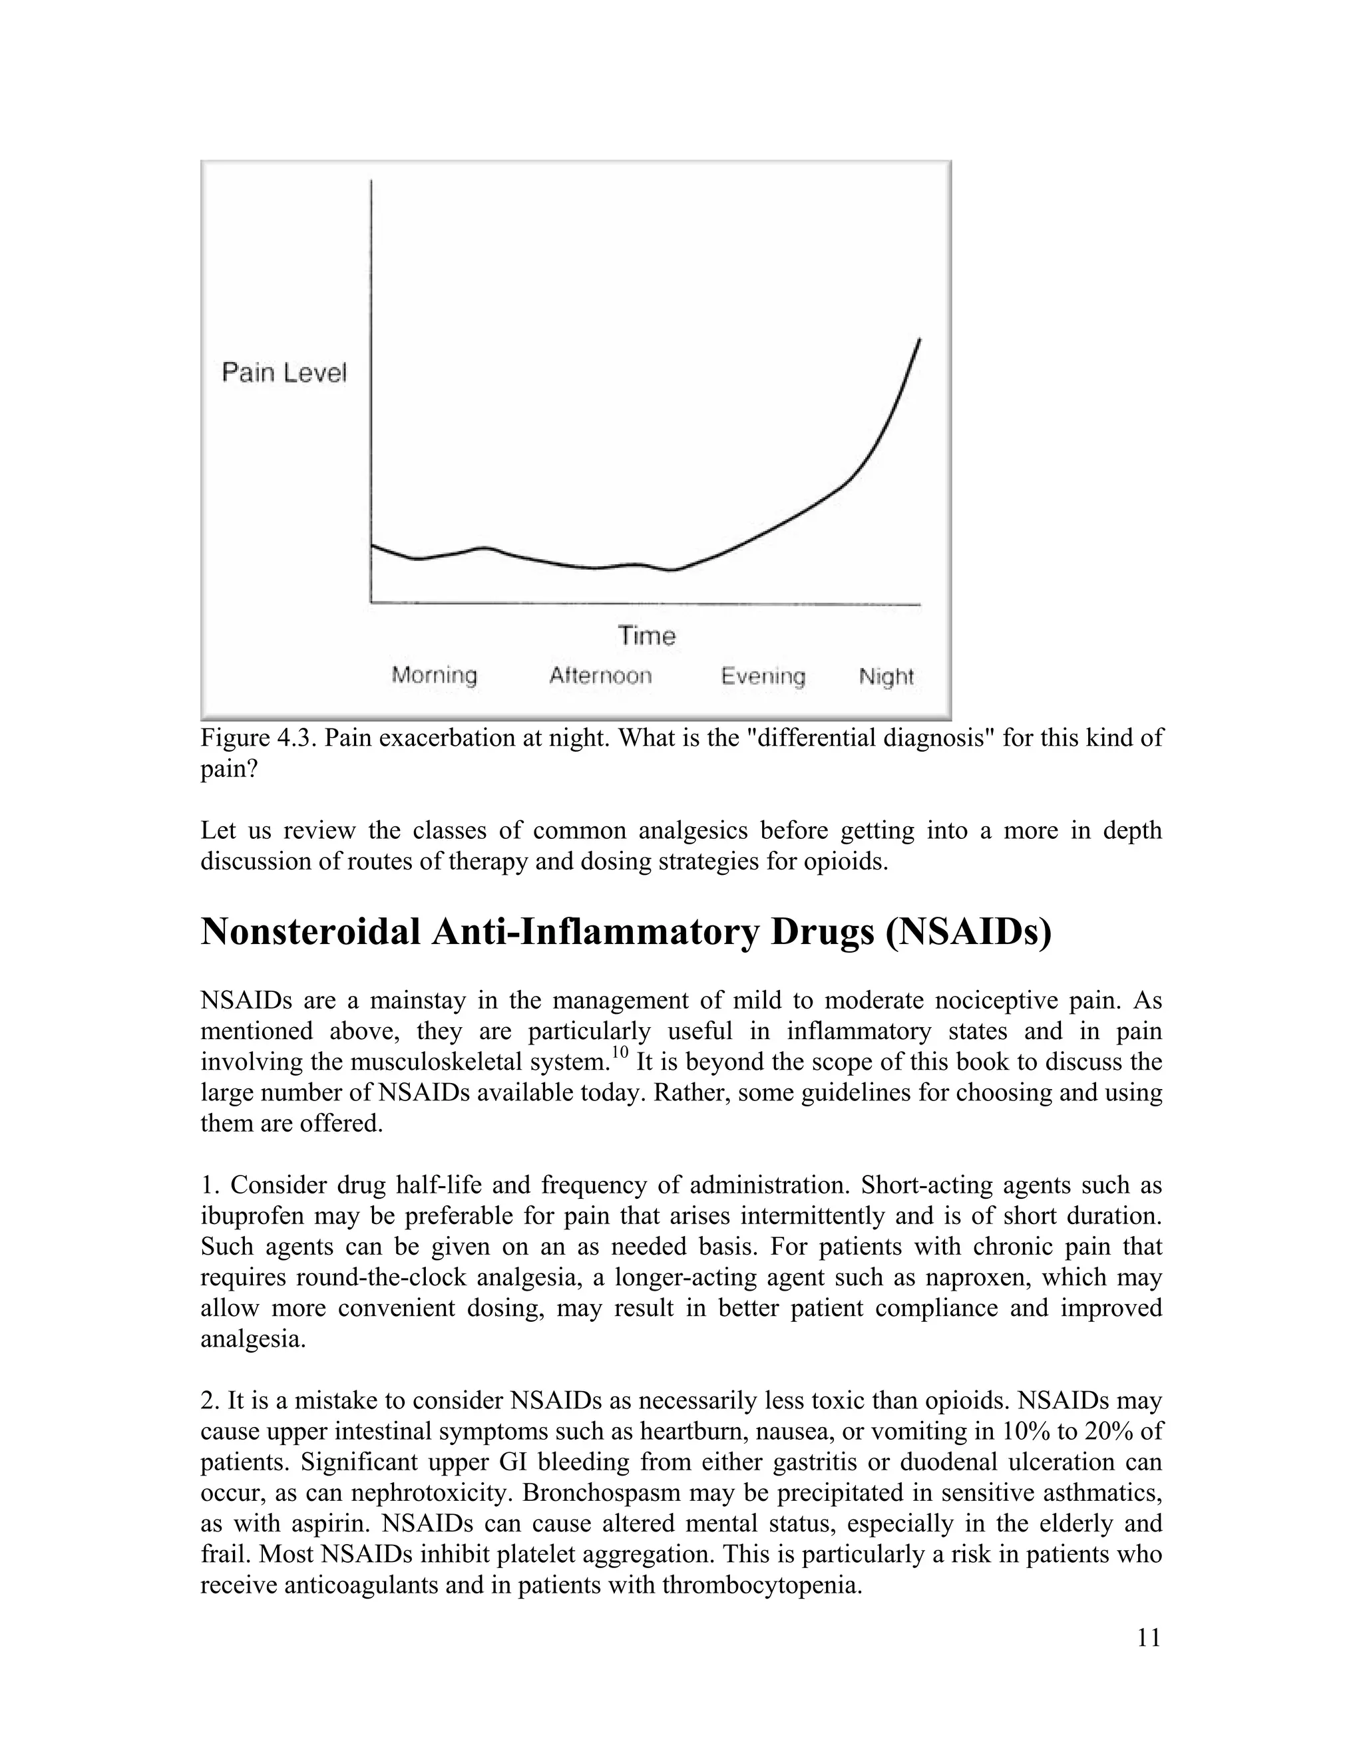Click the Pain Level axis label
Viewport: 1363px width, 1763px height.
pos(284,373)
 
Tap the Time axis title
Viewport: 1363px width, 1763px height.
pos(647,636)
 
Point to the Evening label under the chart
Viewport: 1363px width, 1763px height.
pos(763,676)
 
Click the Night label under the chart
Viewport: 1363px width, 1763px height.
pos(886,676)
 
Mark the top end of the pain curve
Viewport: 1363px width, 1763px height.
pos(920,340)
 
